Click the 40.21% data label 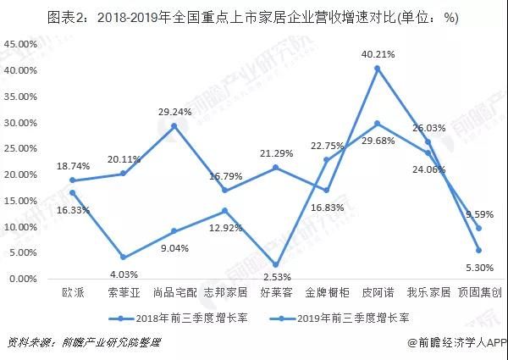(378, 53)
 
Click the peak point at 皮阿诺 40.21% (378, 68)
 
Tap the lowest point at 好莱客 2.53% (276, 265)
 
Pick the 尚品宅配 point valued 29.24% (174, 125)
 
